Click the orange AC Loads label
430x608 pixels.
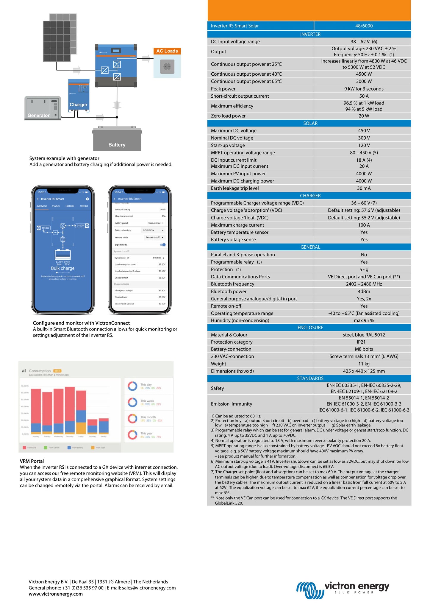pos(167,51)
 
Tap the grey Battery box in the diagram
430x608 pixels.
pos(117,140)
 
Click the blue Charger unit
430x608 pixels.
pos(79,95)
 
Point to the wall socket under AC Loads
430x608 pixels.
pos(167,67)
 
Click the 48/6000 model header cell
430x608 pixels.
pos(364,26)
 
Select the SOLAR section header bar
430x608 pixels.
pos(310,123)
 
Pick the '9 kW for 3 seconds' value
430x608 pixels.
pos(364,89)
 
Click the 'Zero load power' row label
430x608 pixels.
pos(228,116)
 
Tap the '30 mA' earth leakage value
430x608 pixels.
pos(364,188)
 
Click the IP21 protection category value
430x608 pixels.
pos(361,342)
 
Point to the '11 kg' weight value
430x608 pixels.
pos(364,364)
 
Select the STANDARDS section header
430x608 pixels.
pos(310,378)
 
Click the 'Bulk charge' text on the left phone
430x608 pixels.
pos(63,268)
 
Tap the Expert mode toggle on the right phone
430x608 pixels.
pos(163,245)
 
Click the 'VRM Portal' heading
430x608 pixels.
pos(32,461)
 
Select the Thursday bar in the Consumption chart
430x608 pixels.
pos(70,410)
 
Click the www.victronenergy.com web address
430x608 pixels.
pos(56,594)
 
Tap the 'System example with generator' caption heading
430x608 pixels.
pos(64,158)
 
